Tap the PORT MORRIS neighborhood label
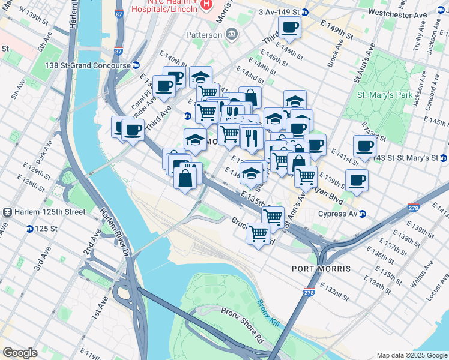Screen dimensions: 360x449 coord(322,268)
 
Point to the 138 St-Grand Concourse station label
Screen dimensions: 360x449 coord(91,65)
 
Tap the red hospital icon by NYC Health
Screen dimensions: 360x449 coord(206,5)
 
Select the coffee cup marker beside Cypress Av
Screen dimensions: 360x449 coord(357,179)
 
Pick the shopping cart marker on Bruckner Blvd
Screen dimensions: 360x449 coord(259,233)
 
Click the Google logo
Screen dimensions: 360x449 coord(20,352)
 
